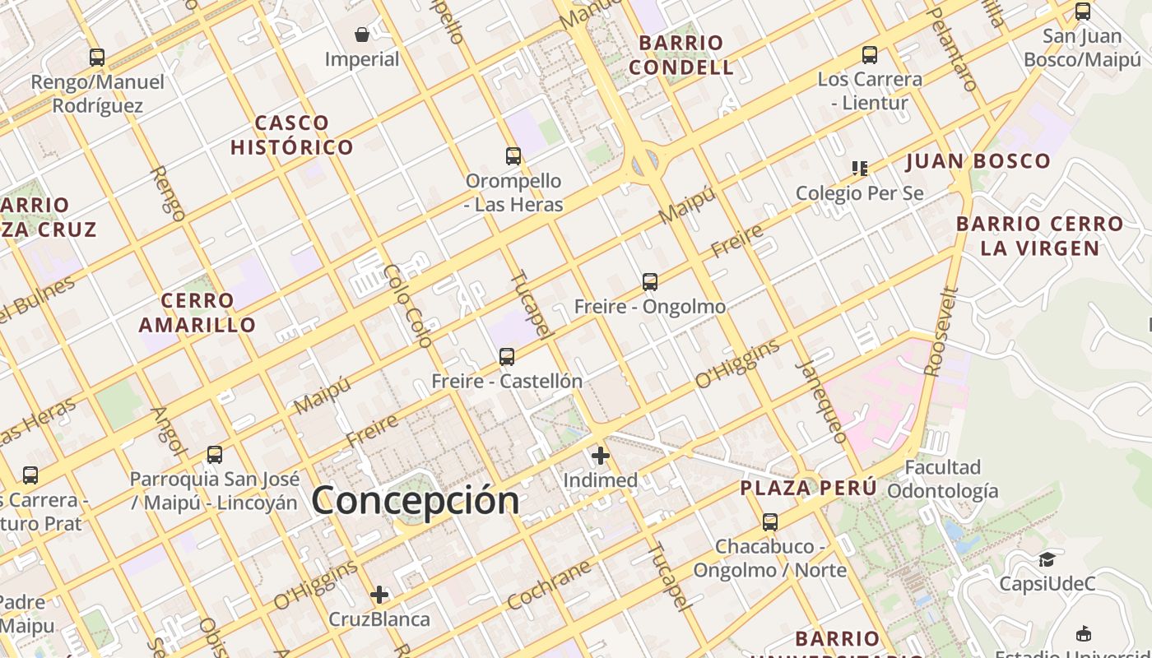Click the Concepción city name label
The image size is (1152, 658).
point(416,500)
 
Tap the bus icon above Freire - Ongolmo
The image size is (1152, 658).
point(650,282)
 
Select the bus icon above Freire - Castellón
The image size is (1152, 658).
point(507,357)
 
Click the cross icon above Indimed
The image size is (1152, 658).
point(601,455)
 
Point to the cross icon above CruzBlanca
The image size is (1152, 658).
point(379,594)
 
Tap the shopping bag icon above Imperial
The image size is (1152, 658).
point(361,35)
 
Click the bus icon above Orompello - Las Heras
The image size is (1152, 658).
point(513,155)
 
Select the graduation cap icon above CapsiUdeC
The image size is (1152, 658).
point(1047,559)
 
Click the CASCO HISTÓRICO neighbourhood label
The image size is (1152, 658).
point(292,136)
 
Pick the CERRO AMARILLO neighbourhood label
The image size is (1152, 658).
point(197,313)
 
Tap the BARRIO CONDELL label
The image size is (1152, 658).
point(681,55)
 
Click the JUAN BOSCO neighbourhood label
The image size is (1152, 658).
point(978,161)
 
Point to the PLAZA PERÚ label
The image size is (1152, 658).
point(808,488)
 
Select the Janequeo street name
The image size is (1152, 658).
point(822,401)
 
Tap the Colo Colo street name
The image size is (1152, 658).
point(408,306)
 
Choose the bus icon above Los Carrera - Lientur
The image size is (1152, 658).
point(870,55)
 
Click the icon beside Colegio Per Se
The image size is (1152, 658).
point(860,169)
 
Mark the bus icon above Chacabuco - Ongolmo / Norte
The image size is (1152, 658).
point(770,521)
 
